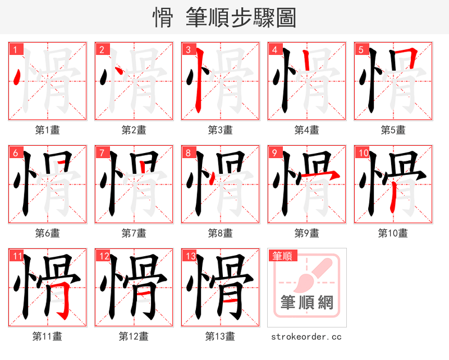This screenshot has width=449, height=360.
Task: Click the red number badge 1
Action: (x=15, y=49)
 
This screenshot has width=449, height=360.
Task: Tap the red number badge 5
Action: (x=360, y=49)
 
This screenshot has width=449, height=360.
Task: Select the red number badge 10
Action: (x=362, y=153)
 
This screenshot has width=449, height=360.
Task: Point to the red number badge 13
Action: (x=189, y=256)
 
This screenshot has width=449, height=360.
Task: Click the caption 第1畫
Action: (x=48, y=130)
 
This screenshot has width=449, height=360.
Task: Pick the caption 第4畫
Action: (x=307, y=130)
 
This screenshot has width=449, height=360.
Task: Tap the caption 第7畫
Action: (x=134, y=233)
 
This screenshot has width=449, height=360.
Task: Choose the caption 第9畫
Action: (x=307, y=233)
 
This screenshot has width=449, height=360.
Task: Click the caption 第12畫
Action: (x=134, y=336)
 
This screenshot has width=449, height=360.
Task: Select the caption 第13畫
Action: (x=221, y=336)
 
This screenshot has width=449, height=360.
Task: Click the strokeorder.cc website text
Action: (x=306, y=337)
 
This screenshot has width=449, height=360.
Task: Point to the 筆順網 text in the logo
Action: (x=307, y=303)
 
